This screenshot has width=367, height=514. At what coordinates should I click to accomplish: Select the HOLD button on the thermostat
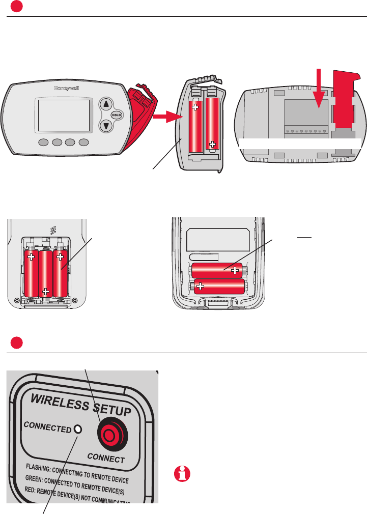(118, 115)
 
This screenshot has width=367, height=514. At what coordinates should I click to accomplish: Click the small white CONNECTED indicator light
(78, 429)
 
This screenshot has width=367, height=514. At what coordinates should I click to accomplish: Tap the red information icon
(181, 474)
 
